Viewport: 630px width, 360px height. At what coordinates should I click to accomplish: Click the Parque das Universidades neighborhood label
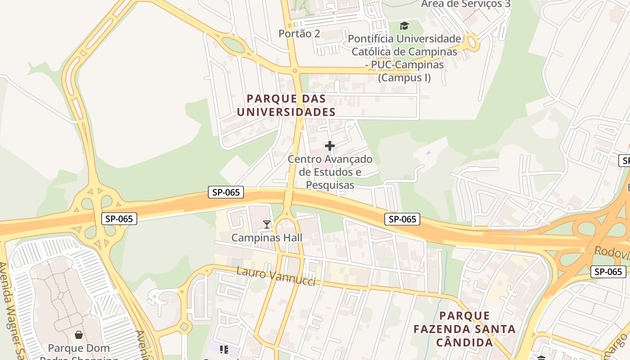pyautogui.click(x=286, y=105)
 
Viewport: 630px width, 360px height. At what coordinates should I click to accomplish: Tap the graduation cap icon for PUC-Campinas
pyautogui.click(x=404, y=26)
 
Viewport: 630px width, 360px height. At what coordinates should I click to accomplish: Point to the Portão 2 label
pyautogui.click(x=299, y=34)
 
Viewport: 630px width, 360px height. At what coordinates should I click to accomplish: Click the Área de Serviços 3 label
pyautogui.click(x=465, y=4)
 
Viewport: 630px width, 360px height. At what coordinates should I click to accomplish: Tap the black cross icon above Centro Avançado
pyautogui.click(x=330, y=146)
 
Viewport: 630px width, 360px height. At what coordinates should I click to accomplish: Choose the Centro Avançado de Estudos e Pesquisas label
pyautogui.click(x=330, y=172)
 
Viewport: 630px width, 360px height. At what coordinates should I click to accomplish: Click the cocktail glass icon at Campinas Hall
pyautogui.click(x=267, y=224)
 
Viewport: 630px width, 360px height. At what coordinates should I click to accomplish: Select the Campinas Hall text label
pyautogui.click(x=267, y=238)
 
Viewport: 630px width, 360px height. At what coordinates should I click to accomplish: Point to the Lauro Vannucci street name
pyautogui.click(x=275, y=276)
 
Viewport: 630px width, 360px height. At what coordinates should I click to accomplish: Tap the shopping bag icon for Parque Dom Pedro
pyautogui.click(x=79, y=335)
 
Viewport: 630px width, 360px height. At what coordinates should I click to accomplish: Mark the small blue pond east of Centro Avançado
pyautogui.click(x=427, y=153)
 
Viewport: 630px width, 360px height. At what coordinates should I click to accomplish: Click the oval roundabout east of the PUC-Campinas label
pyautogui.click(x=472, y=43)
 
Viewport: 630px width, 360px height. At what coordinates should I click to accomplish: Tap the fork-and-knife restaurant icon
pyautogui.click(x=224, y=350)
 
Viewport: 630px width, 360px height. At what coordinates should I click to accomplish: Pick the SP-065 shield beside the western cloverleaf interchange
pyautogui.click(x=119, y=219)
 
